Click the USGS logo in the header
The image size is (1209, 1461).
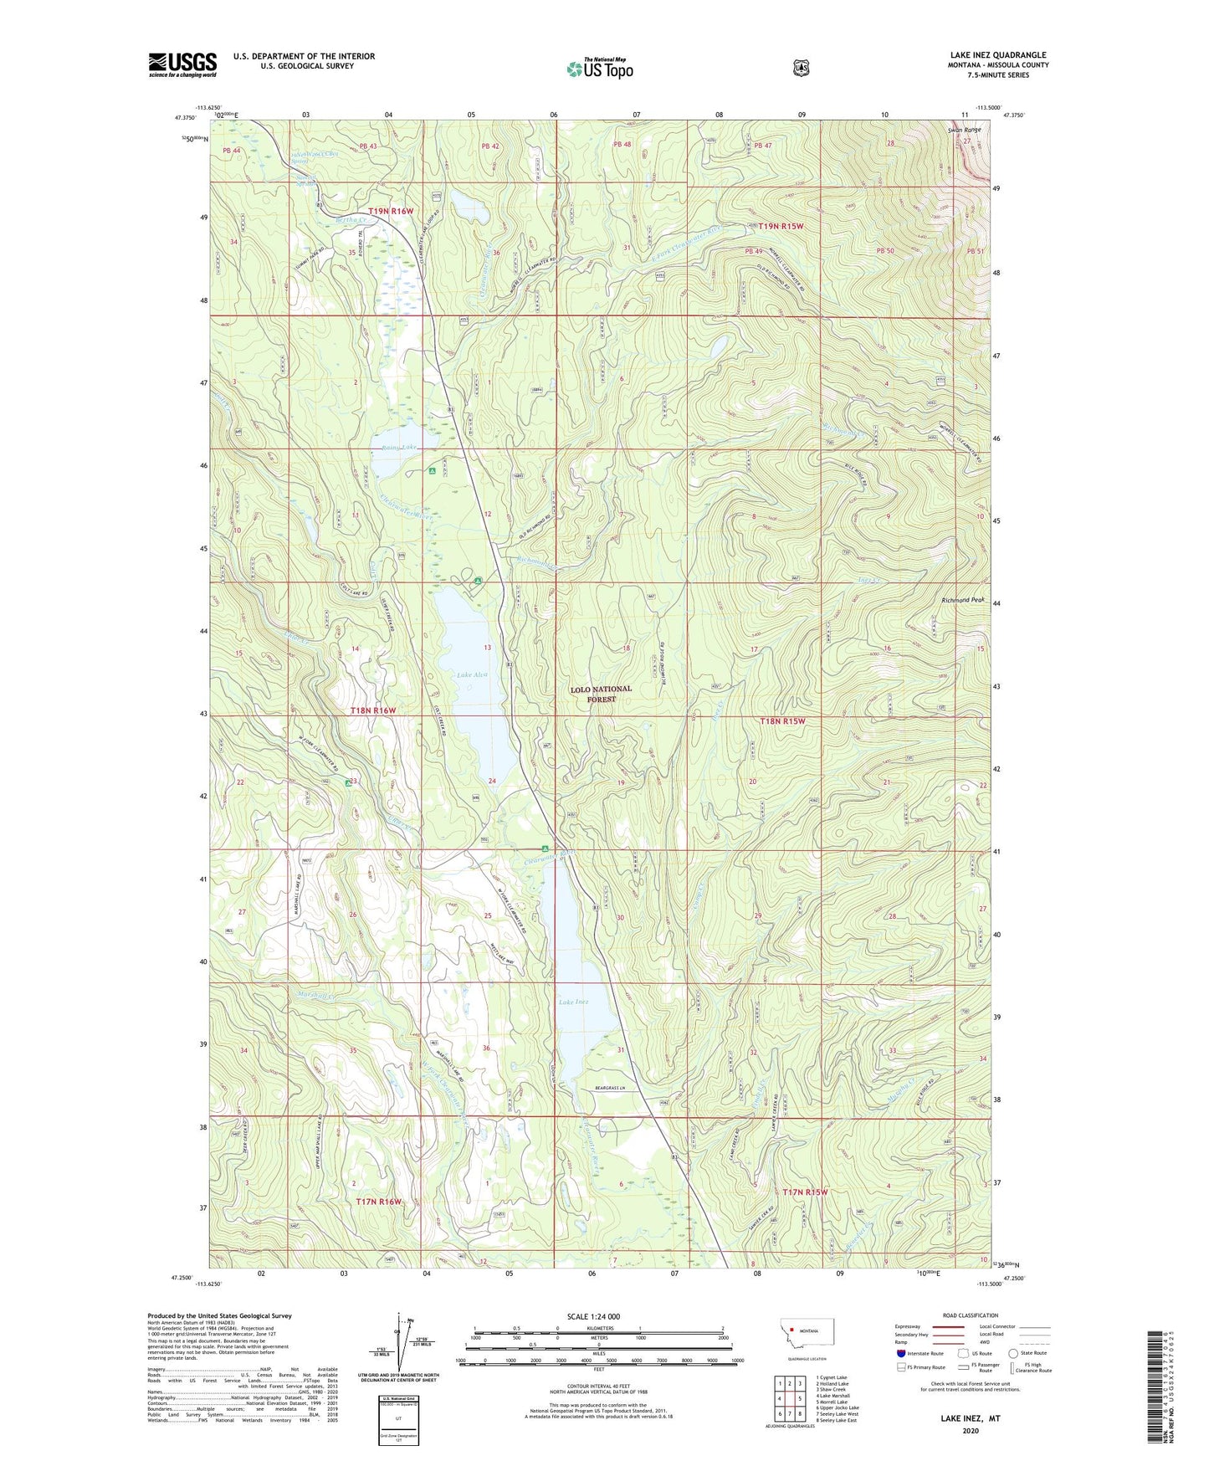click(x=182, y=64)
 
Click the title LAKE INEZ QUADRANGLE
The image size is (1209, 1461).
click(x=997, y=55)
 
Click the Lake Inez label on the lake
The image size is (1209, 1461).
click(x=574, y=1002)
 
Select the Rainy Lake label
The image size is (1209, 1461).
click(x=398, y=448)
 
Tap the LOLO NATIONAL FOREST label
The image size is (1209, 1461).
click(x=601, y=694)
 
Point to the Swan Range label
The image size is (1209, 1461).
click(x=964, y=131)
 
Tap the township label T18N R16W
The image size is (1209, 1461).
click(x=372, y=710)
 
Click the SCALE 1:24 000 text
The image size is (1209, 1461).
click(x=593, y=1316)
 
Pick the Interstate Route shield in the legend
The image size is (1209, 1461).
click(x=900, y=1353)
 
